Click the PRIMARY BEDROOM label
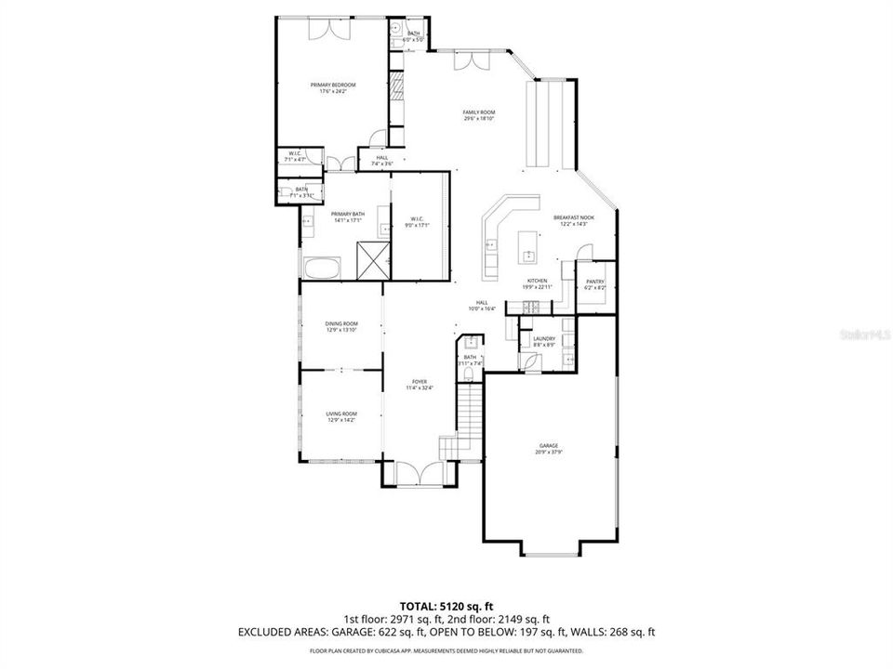332,85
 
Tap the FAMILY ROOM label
478,112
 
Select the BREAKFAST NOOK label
573,217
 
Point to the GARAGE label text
548,446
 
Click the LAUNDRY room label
544,338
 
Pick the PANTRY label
595,282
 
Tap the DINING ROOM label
341,323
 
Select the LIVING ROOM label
341,413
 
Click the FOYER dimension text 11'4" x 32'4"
420,387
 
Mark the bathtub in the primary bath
322,270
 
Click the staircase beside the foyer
472,418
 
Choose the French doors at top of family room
471,61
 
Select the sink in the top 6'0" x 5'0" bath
395,29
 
